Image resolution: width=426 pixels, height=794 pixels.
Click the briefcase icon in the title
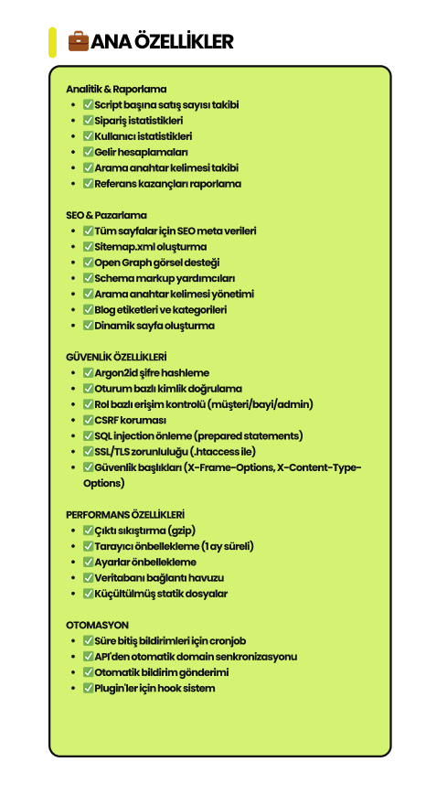point(79,41)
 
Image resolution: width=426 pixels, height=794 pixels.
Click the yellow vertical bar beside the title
point(52,42)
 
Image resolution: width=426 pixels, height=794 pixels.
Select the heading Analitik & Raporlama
point(116,89)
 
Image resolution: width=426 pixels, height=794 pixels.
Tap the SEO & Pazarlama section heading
point(106,215)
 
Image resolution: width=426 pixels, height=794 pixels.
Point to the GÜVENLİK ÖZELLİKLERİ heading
point(116,357)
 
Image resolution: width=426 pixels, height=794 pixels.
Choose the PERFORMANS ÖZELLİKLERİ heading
point(125,514)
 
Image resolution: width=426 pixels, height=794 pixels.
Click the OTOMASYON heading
point(97,625)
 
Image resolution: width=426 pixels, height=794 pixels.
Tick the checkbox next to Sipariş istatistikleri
point(88,121)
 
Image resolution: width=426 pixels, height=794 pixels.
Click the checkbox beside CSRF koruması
point(88,420)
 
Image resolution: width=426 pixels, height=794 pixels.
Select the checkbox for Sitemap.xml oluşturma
point(88,247)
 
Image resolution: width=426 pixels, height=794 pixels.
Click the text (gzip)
point(182,531)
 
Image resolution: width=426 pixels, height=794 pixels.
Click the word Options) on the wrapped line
point(103,483)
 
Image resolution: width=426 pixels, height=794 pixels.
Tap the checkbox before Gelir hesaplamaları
point(88,152)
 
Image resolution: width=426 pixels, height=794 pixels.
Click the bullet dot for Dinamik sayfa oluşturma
point(74,326)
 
